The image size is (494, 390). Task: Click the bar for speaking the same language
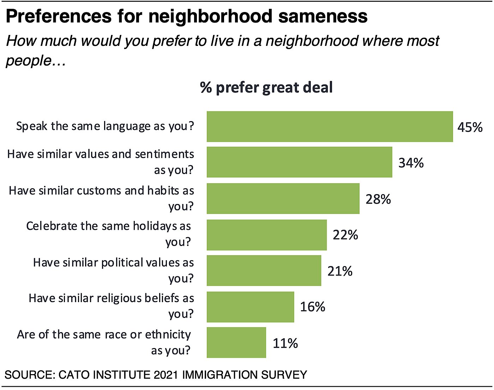pos(330,127)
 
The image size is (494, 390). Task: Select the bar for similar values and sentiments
pos(299,162)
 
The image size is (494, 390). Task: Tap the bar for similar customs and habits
pos(283,198)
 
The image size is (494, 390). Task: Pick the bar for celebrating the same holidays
pos(266,235)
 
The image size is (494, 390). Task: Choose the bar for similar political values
pos(264,271)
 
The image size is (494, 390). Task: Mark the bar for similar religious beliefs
pos(250,307)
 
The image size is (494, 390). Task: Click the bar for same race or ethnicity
pos(236,343)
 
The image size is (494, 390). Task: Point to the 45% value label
pos(470,127)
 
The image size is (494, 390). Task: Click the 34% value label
pos(411,163)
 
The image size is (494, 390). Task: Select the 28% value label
pos(378,199)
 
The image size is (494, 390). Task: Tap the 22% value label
pos(345,235)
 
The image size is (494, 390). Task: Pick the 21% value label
pos(340,271)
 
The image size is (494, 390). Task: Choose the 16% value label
pos(312,307)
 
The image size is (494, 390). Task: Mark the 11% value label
pos(285,343)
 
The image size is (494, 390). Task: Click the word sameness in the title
pos(323,16)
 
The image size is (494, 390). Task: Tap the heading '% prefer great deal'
pos(266,88)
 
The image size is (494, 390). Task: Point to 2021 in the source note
pos(166,375)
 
